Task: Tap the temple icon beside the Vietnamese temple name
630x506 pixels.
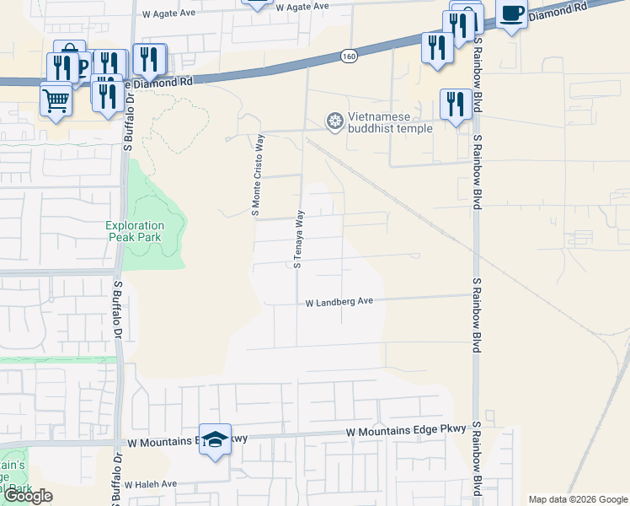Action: pos(335,122)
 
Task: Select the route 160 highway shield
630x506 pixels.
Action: pos(350,56)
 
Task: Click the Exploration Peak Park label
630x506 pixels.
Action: pos(135,232)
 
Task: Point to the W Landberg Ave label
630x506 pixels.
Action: pos(339,301)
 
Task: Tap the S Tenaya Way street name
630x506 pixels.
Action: pos(298,240)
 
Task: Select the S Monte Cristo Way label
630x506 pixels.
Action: pos(256,175)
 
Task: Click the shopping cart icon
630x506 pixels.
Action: pos(56,100)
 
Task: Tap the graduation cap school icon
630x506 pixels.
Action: pos(215,439)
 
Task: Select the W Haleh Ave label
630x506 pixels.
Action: pos(151,484)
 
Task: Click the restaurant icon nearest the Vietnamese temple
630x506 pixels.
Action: pos(455,105)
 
